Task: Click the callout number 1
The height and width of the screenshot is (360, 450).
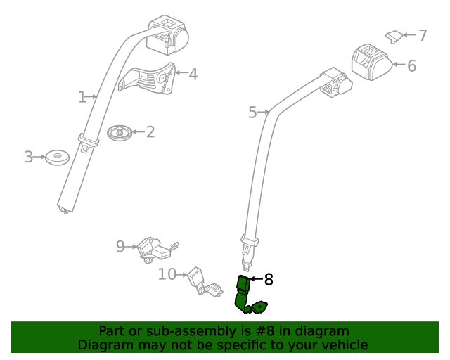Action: pos(82,96)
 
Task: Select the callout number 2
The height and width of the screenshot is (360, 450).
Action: pos(150,131)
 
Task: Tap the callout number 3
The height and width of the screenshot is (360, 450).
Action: pos(29,157)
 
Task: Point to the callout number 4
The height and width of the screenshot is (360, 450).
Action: pos(192,73)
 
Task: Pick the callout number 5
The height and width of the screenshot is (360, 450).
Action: pos(253,112)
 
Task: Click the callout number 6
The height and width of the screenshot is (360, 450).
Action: pos(411,66)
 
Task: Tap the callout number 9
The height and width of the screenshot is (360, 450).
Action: pos(120,246)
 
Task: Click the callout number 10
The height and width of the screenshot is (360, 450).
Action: pos(167,274)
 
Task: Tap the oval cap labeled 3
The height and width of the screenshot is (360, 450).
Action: pos(56,157)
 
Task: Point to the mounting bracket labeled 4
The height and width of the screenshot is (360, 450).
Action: pos(149,79)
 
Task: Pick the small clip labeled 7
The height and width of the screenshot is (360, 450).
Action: pos(395,35)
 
